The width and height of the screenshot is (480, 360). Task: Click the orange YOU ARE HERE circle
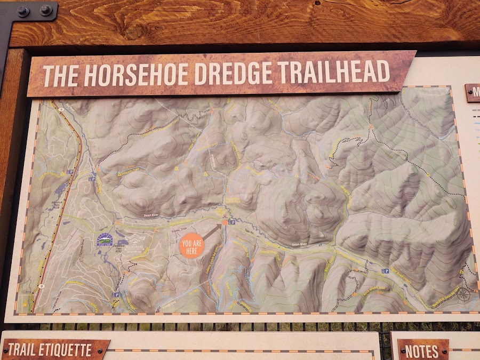click(x=193, y=246)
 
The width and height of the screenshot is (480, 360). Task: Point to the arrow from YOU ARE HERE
click(x=211, y=232)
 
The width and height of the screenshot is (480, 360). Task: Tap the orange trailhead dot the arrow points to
click(x=225, y=222)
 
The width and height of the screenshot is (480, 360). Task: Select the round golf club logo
click(x=105, y=238)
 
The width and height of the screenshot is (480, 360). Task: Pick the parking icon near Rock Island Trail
click(x=385, y=271)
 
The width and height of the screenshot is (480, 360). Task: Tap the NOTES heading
click(x=422, y=351)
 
